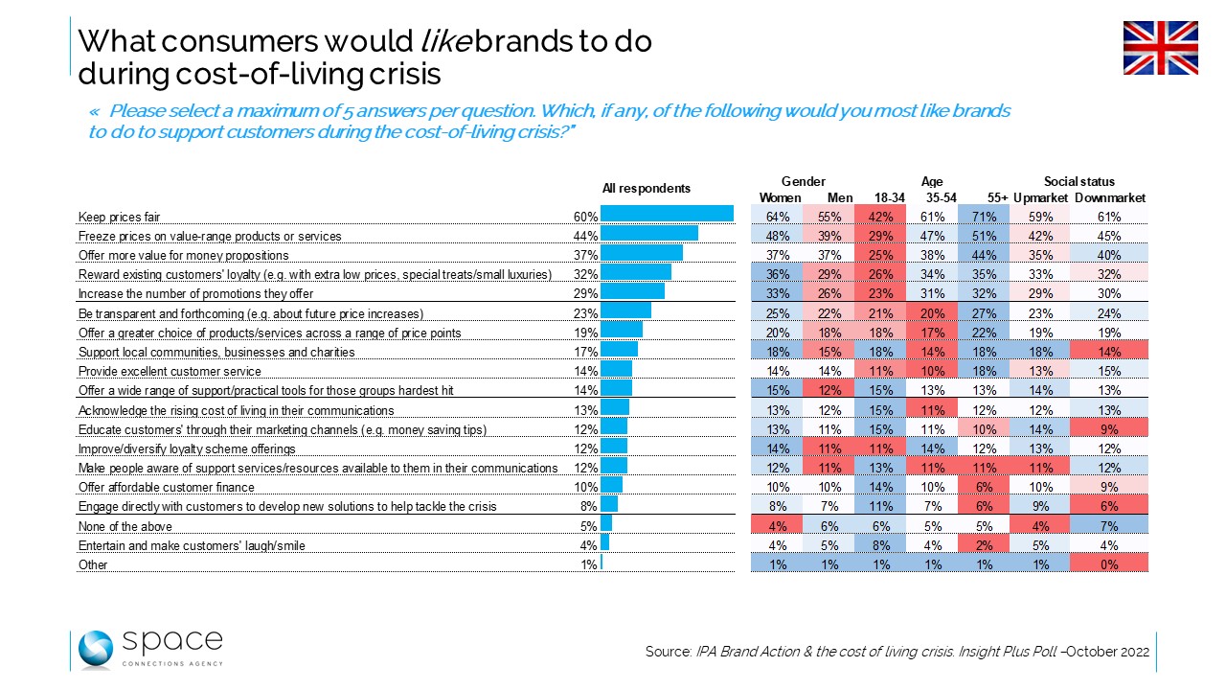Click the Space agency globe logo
(x=96, y=650)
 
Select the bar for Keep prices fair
(x=667, y=216)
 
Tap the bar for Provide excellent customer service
(x=616, y=370)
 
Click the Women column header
(x=780, y=197)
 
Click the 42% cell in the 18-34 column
(x=878, y=217)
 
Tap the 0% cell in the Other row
(x=1109, y=564)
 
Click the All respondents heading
(x=646, y=188)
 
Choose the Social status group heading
(x=1079, y=181)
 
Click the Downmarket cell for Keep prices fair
(x=1109, y=217)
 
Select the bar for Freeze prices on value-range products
(x=649, y=235)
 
